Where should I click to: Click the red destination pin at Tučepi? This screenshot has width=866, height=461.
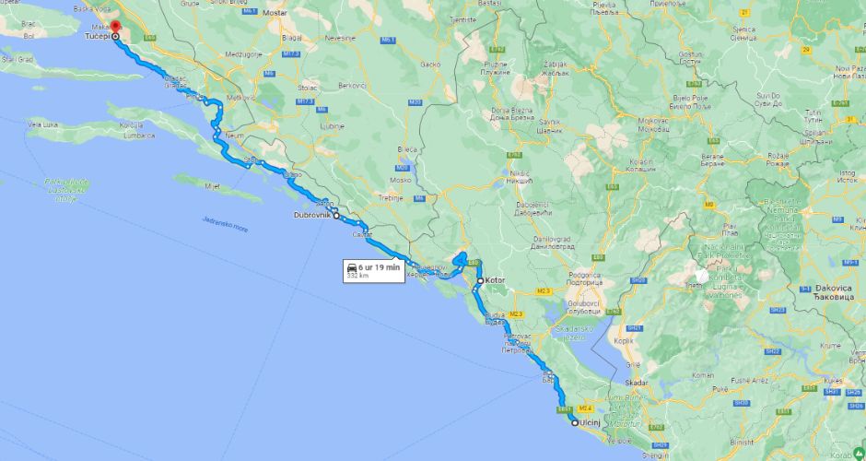pyautogui.click(x=115, y=29)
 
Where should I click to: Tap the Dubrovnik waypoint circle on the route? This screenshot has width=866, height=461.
pyautogui.click(x=336, y=215)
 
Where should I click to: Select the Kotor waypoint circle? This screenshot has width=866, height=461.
pyautogui.click(x=480, y=280)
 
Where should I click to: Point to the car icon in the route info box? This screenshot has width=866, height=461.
pyautogui.click(x=352, y=267)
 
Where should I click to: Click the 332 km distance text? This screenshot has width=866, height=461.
pyautogui.click(x=357, y=276)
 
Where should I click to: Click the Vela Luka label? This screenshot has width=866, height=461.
pyautogui.click(x=43, y=123)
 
